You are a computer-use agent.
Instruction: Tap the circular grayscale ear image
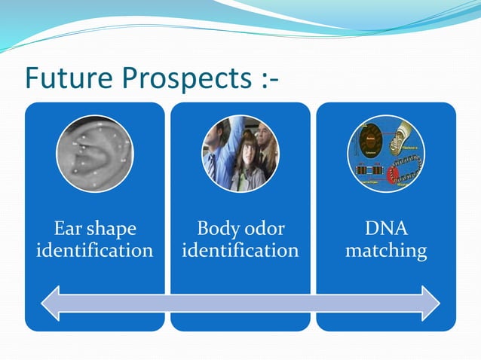(95, 154)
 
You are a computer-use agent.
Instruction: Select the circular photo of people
(240, 154)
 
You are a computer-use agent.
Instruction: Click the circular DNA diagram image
(386, 154)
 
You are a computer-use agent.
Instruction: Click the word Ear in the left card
(67, 228)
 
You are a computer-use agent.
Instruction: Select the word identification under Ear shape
(95, 250)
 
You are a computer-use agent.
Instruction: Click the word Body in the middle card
(216, 228)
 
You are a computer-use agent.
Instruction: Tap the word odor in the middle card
(263, 228)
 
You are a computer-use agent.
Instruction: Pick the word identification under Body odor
(240, 250)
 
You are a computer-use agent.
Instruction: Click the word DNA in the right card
(386, 228)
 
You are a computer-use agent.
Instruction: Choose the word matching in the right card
(386, 251)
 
